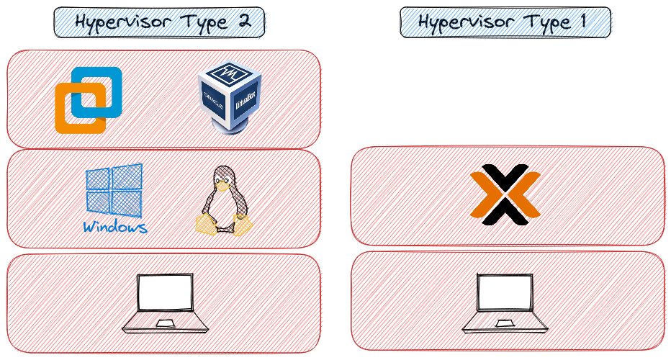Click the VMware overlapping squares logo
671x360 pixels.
click(x=88, y=100)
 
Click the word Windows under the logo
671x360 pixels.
click(x=114, y=228)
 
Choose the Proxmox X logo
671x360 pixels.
click(x=505, y=195)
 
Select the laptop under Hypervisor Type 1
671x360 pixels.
click(x=505, y=303)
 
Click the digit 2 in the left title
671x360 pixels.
click(x=243, y=22)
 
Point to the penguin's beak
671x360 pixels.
click(x=224, y=184)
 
